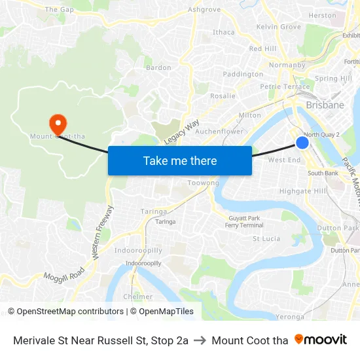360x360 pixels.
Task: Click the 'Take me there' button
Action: point(179,160)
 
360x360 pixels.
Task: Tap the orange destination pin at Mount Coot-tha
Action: point(58,122)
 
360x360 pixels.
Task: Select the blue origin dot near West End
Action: point(302,143)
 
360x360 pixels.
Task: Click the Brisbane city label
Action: point(325,105)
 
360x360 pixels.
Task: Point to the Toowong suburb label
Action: point(203,183)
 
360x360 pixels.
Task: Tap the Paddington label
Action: point(243,74)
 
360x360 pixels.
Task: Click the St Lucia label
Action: point(267,239)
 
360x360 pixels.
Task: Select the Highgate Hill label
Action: point(302,191)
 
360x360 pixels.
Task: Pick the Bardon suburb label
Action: point(158,67)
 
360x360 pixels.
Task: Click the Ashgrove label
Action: point(204,10)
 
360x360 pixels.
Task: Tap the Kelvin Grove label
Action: point(279,27)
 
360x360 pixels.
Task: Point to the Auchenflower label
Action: point(220,131)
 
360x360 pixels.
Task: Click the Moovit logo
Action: point(321,340)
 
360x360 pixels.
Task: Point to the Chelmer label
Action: point(138,297)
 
